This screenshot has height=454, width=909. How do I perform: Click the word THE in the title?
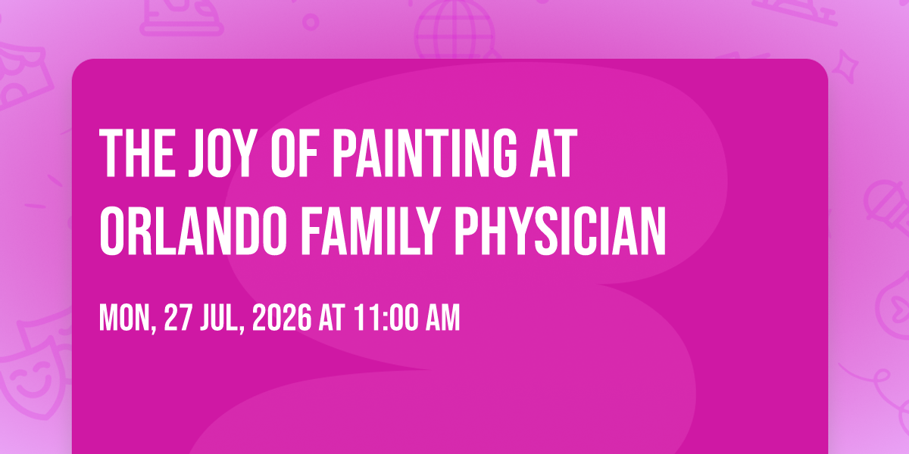point(137,153)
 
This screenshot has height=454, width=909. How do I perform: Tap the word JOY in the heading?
point(224,153)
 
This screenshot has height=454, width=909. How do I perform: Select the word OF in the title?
point(295,153)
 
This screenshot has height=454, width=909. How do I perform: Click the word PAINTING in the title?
point(425,153)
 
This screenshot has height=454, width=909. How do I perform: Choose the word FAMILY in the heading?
point(370,231)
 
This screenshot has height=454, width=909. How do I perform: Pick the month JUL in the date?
point(220,319)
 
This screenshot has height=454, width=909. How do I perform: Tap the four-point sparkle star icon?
point(845,66)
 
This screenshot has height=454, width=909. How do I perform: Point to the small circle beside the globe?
point(311,22)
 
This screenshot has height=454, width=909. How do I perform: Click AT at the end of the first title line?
point(553,153)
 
